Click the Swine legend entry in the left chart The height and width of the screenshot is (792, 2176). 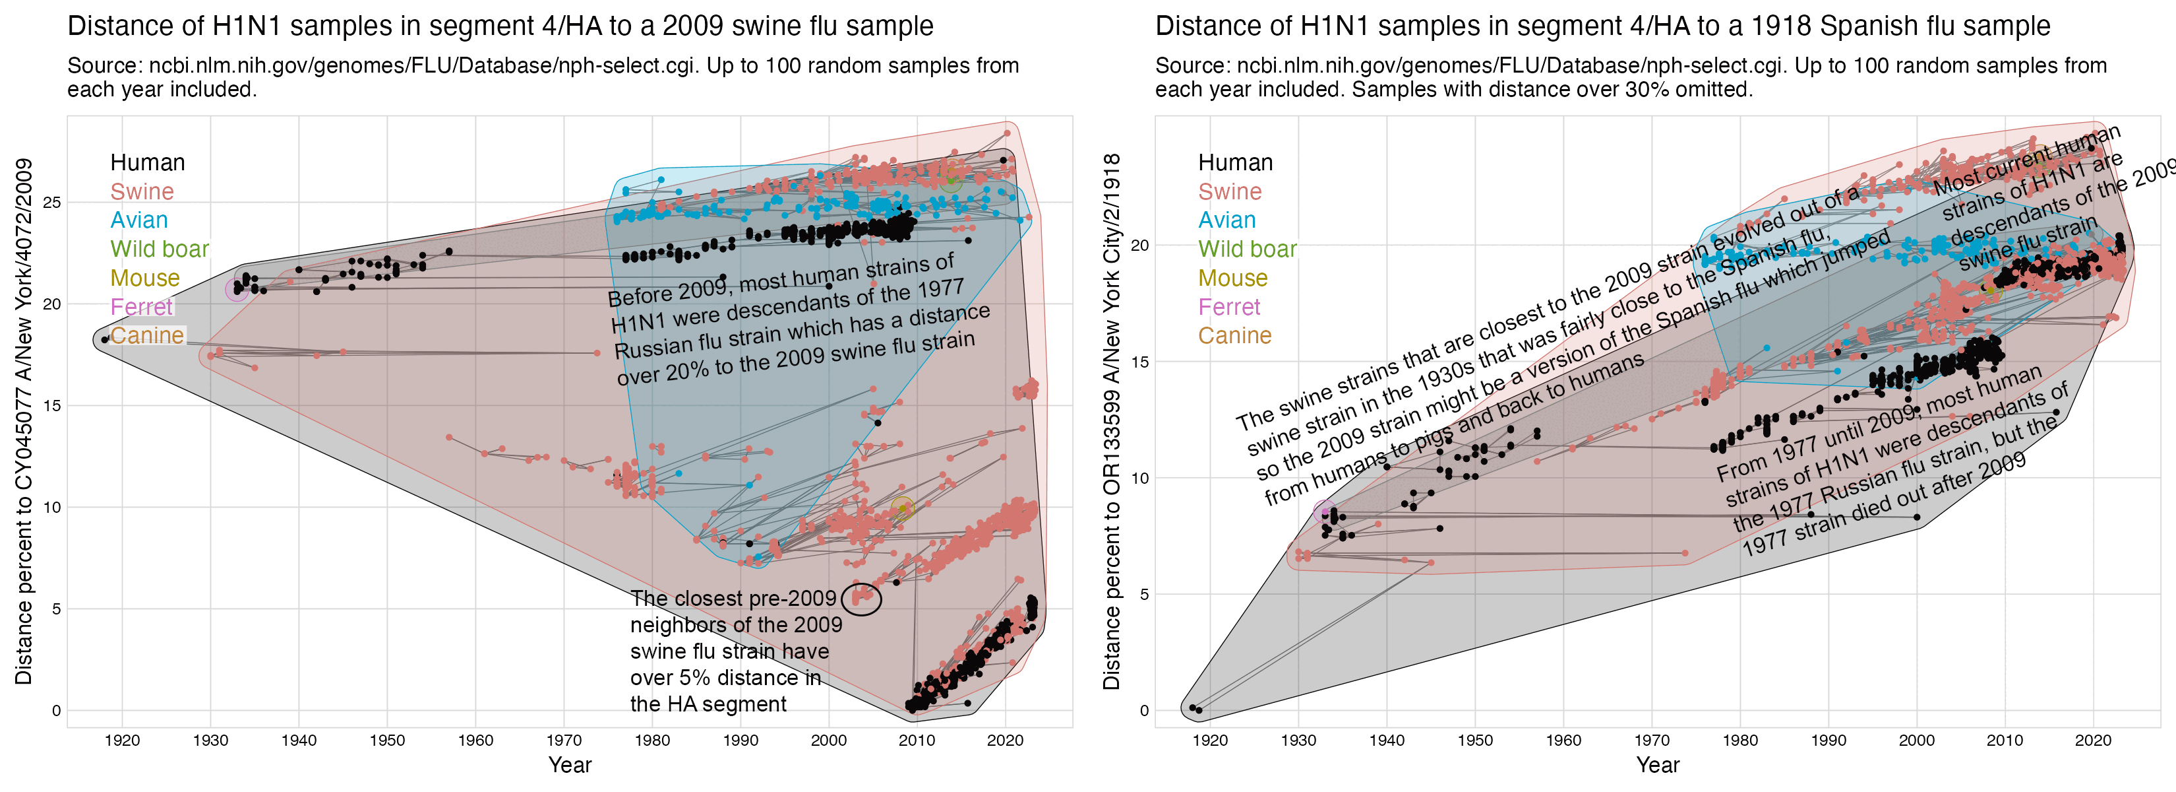pos(142,192)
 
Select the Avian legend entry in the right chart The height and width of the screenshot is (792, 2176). pos(1226,220)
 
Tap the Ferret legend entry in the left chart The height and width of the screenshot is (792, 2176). pos(141,307)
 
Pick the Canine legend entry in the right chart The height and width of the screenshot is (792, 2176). pos(1234,335)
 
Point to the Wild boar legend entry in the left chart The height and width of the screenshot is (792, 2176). pos(159,249)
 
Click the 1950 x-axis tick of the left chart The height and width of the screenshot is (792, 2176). pos(387,741)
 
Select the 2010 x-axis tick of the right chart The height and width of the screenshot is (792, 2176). pos(2005,741)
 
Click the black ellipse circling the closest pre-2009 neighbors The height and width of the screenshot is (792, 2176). pos(862,599)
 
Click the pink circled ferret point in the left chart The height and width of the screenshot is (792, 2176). pos(237,289)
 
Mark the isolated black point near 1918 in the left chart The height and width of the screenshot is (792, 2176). pos(105,340)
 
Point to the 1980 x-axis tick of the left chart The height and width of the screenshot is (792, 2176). pos(652,741)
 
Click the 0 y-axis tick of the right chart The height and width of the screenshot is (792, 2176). pos(1145,711)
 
